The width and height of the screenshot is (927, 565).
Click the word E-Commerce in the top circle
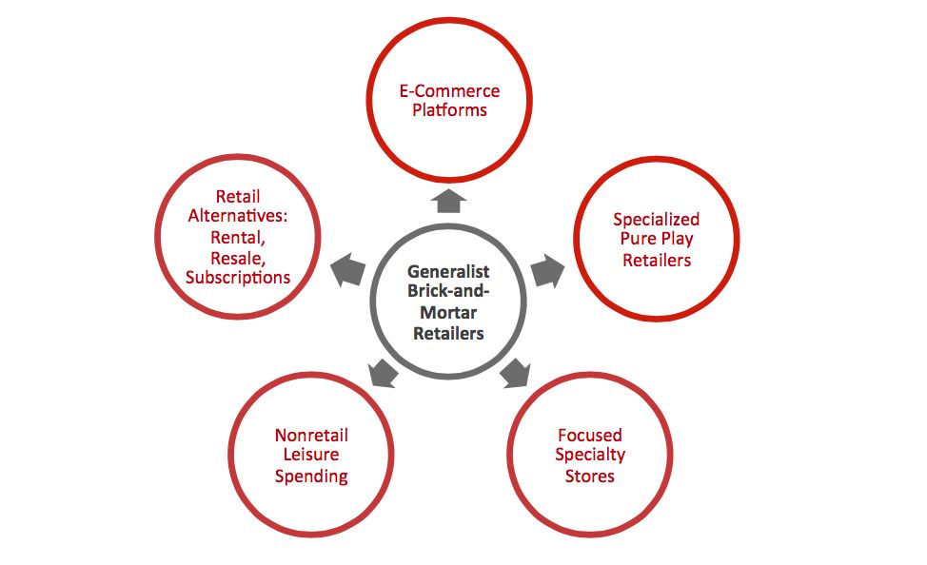pyautogui.click(x=448, y=91)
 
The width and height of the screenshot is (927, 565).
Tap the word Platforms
pyautogui.click(x=448, y=110)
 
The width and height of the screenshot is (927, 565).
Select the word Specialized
pyautogui.click(x=656, y=219)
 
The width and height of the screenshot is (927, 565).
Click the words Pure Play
pyautogui.click(x=656, y=239)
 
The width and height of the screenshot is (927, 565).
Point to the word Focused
pyautogui.click(x=590, y=436)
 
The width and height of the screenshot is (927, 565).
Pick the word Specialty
pyautogui.click(x=590, y=456)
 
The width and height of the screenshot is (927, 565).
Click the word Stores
pyautogui.click(x=590, y=476)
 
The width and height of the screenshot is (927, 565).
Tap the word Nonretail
pyautogui.click(x=311, y=436)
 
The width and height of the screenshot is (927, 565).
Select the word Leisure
pyautogui.click(x=311, y=456)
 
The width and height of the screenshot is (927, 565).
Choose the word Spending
pyautogui.click(x=311, y=476)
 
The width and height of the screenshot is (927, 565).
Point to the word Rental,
pyautogui.click(x=238, y=237)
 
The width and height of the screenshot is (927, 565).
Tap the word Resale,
pyautogui.click(x=238, y=257)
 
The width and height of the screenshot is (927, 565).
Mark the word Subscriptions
pyautogui.click(x=238, y=278)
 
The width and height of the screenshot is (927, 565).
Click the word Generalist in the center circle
pyautogui.click(x=447, y=272)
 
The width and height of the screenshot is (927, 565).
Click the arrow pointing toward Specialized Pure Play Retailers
pyautogui.click(x=546, y=270)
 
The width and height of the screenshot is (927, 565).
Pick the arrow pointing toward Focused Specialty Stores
pyautogui.click(x=514, y=372)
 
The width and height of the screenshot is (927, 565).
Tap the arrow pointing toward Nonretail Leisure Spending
pyautogui.click(x=382, y=372)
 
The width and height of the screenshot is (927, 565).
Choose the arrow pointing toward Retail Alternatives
pyautogui.click(x=347, y=270)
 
